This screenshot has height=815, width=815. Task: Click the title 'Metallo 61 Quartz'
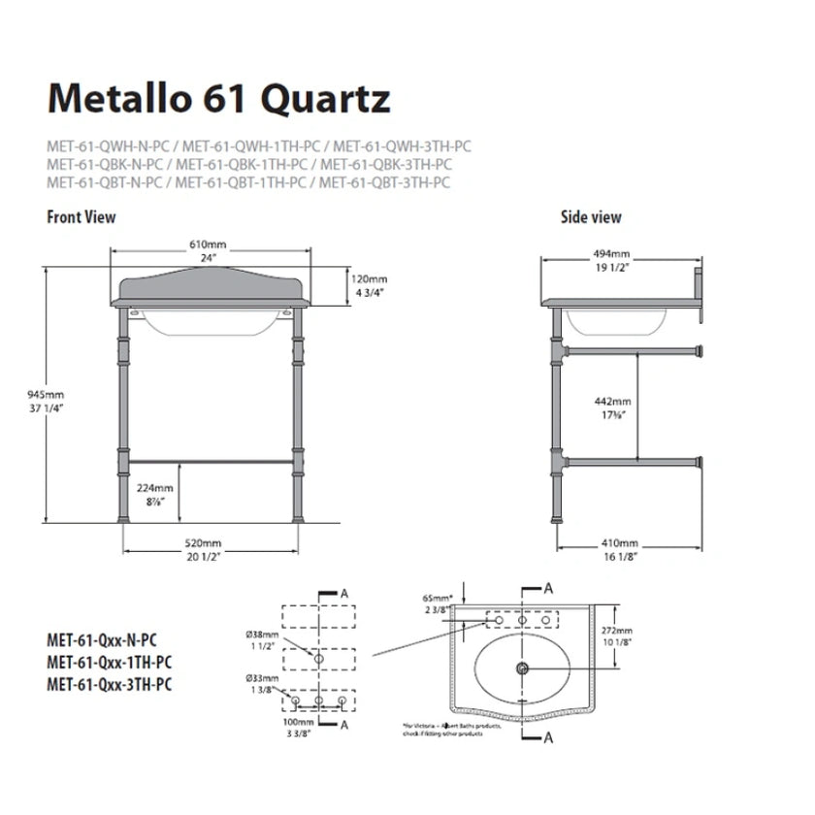[x=218, y=99]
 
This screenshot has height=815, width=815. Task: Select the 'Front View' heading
[x=81, y=217]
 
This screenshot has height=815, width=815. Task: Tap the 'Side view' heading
[x=591, y=217]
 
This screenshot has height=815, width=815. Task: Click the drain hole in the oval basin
[x=523, y=668]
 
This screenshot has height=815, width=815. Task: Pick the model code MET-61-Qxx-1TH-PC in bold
[x=111, y=662]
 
